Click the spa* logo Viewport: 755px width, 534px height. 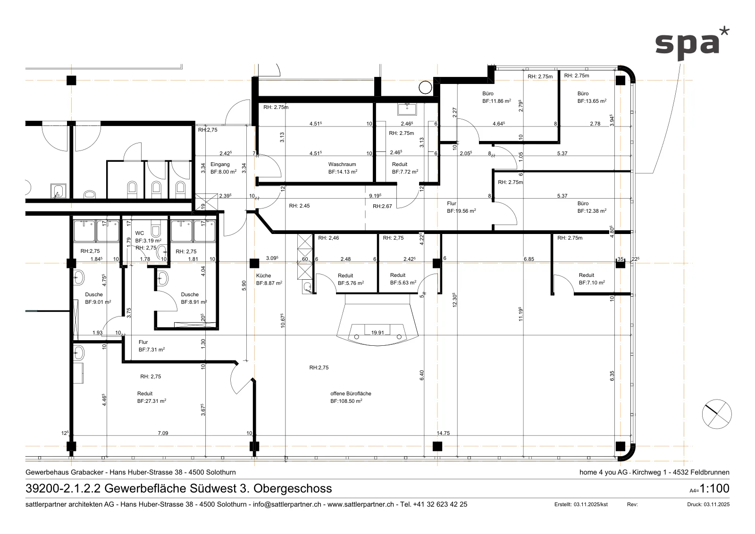coord(692,45)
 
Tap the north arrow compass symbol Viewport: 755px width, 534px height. coord(717,414)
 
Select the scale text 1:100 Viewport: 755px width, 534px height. coord(714,488)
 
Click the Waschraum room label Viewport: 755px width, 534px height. coord(342,165)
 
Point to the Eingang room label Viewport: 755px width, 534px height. coord(220,165)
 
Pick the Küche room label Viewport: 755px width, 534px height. coord(264,275)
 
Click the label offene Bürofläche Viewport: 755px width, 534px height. coord(351,393)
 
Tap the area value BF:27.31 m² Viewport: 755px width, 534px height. coord(151,401)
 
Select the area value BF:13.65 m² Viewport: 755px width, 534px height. coord(592,101)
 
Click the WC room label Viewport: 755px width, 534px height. coord(140,233)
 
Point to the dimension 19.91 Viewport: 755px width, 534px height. coord(377,333)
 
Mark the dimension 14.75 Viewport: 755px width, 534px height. coord(443,433)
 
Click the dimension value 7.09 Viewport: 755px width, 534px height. coord(163,433)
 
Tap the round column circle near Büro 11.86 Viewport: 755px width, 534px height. coord(425,88)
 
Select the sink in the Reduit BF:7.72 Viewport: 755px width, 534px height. coord(407,109)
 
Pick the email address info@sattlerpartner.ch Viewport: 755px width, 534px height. coord(287,504)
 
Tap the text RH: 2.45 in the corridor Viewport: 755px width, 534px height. coord(299,206)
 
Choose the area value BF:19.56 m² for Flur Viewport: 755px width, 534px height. coord(461,211)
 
